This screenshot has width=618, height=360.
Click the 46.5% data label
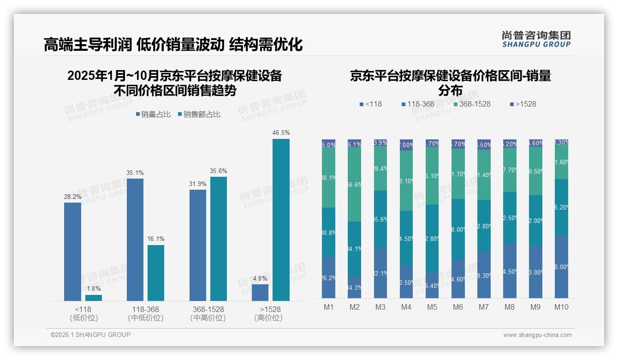(x=281, y=133)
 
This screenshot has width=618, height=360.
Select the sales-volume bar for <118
(x=72, y=252)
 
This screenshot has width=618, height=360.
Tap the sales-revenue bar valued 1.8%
(x=94, y=298)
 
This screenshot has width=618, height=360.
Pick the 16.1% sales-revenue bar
(x=156, y=273)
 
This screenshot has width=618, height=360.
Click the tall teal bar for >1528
(x=281, y=220)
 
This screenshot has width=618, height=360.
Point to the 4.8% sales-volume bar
(x=260, y=293)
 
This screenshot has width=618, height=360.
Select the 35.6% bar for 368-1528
(x=219, y=239)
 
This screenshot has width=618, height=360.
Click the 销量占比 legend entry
(x=153, y=114)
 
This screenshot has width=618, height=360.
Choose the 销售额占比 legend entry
(x=199, y=114)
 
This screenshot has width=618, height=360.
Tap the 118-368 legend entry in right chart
(x=417, y=104)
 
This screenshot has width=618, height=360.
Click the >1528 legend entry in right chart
(x=523, y=104)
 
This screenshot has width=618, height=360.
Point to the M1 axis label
(x=328, y=307)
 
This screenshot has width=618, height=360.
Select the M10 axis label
(x=561, y=307)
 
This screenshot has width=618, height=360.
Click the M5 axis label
(x=432, y=307)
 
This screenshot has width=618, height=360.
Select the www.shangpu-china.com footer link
(x=537, y=335)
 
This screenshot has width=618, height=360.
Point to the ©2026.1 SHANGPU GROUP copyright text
(x=90, y=335)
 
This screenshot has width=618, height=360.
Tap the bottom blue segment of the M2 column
(x=354, y=287)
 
